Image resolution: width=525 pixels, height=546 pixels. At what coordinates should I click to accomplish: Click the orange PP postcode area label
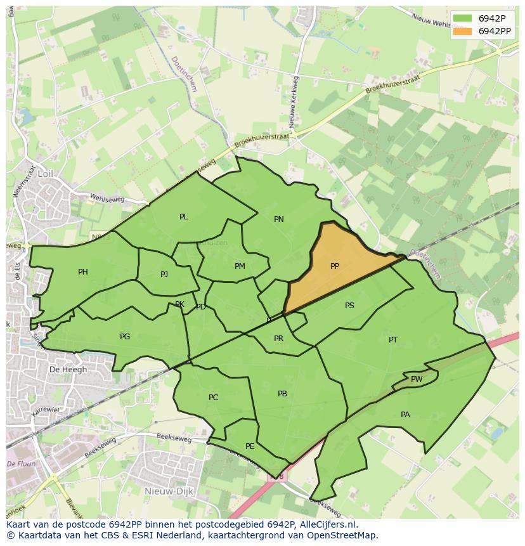[335, 266]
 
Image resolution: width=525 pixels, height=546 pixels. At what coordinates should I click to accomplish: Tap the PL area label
[184, 217]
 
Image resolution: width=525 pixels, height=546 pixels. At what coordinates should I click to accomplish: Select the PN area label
[279, 219]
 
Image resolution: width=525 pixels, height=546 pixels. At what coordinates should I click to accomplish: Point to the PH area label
[83, 272]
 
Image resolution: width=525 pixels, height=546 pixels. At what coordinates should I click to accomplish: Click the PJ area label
[164, 275]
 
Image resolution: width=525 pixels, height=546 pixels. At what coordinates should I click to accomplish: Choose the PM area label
[240, 266]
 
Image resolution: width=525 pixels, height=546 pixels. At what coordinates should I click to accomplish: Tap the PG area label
[125, 337]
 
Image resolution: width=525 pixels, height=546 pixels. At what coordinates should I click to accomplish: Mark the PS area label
[349, 306]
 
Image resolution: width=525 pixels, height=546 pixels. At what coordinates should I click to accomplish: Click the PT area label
[393, 340]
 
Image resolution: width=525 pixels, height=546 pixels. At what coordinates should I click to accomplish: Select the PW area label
[417, 379]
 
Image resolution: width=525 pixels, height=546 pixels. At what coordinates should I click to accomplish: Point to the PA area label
[405, 415]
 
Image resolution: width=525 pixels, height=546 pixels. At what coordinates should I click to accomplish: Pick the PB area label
[283, 394]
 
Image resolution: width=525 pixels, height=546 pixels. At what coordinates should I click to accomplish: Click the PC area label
[214, 398]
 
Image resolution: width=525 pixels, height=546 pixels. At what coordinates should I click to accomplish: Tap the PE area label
[250, 446]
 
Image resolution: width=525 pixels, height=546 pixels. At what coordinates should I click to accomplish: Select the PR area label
[278, 339]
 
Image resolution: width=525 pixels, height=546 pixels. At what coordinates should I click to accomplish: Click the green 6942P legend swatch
[463, 18]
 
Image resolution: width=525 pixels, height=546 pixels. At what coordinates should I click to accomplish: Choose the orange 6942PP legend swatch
[463, 31]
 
